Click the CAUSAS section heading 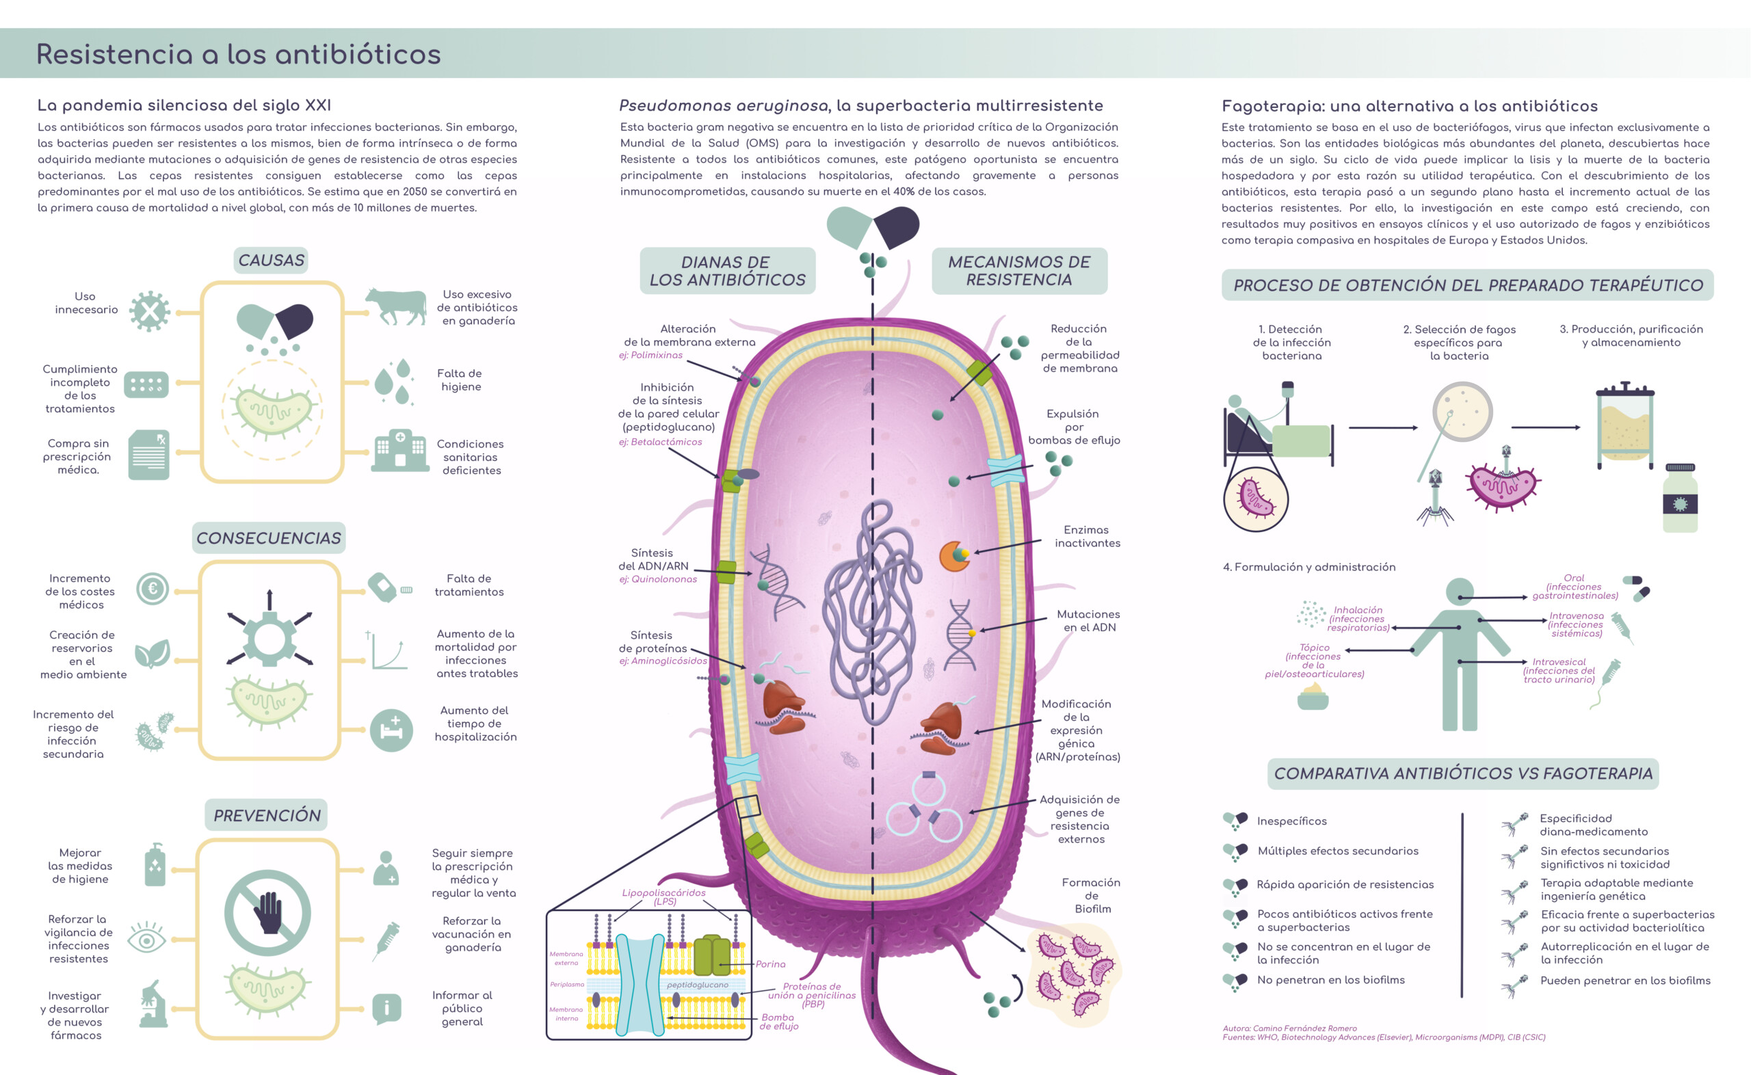point(271,261)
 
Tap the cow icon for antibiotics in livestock point(395,306)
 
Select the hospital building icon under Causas point(399,451)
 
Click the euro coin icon point(152,589)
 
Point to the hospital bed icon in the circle point(391,730)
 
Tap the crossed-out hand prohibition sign point(267,912)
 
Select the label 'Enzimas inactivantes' point(1087,536)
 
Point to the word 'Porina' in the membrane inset point(771,964)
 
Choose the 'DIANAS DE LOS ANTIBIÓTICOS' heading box point(727,271)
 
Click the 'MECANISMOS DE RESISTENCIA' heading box point(1018,271)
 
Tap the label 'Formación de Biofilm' point(1091,895)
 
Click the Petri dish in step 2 point(1462,412)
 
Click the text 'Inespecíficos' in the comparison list point(1291,821)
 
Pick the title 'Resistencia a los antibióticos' point(238,54)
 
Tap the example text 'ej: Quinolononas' point(657,579)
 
